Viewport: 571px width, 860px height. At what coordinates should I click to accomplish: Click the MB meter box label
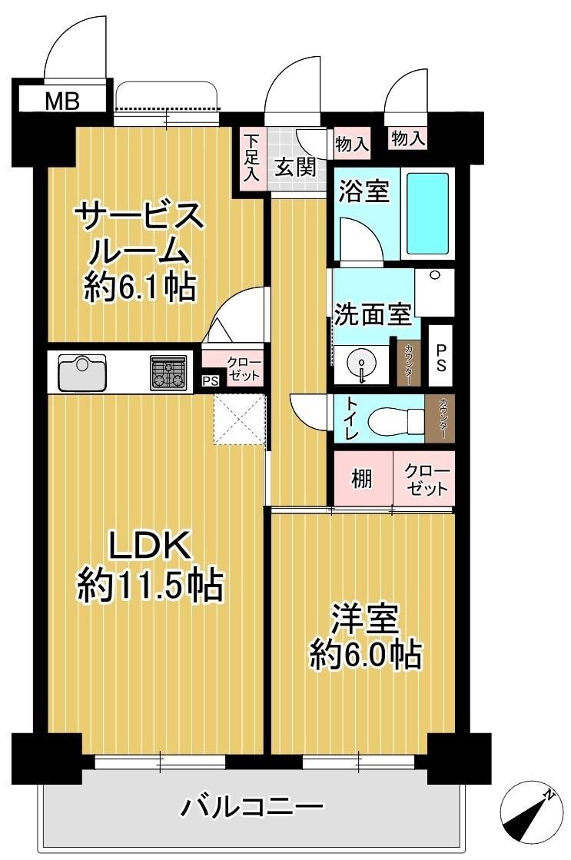(x=62, y=101)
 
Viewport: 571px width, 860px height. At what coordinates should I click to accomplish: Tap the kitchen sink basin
(x=82, y=370)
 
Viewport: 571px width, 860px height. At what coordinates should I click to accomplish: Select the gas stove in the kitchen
(x=168, y=372)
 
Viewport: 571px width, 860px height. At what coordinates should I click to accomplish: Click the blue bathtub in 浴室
(x=428, y=214)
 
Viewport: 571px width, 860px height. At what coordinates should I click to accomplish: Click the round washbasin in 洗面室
(x=361, y=363)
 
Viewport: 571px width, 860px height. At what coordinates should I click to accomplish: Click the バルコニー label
(x=252, y=806)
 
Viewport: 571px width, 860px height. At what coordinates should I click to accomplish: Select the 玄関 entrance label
(x=296, y=168)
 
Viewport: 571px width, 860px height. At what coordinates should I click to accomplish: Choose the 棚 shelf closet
(x=362, y=478)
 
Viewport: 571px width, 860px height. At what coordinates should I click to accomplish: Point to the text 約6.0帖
(x=366, y=654)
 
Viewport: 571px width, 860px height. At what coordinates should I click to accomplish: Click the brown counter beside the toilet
(x=440, y=419)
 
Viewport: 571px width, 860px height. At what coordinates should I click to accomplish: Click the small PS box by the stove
(x=210, y=380)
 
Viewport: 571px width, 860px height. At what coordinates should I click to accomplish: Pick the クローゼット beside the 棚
(x=424, y=478)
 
